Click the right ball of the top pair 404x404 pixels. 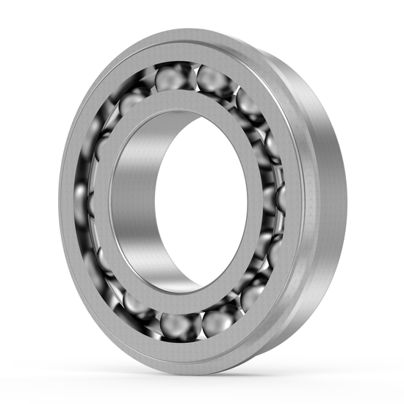pos(213,79)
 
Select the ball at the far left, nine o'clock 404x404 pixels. pos(81,198)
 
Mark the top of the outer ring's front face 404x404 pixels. pos(184,40)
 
